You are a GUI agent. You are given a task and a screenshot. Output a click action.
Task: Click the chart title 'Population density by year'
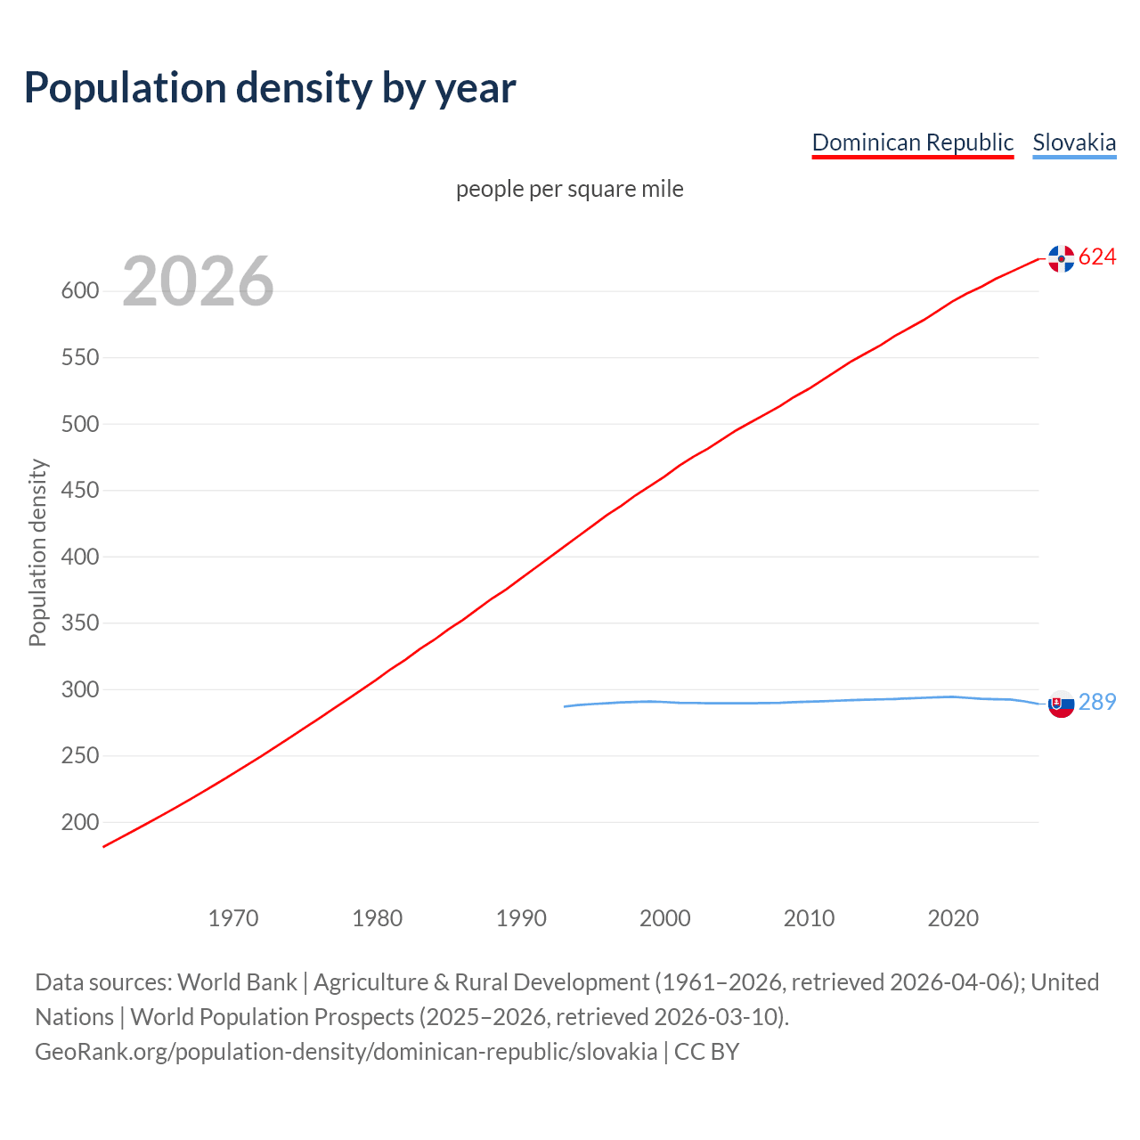(x=270, y=87)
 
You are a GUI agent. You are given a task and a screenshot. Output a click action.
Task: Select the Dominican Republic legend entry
(x=912, y=142)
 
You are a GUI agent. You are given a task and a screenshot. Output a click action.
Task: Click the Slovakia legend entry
(x=1074, y=142)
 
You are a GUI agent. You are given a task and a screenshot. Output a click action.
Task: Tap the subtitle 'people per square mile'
(x=569, y=189)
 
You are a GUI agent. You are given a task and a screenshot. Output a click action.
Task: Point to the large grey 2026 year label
(x=198, y=281)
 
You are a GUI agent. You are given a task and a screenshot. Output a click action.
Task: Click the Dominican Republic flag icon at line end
(x=1061, y=258)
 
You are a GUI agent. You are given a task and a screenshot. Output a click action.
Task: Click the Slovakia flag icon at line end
(x=1061, y=704)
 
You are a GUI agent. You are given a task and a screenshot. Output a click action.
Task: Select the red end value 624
(x=1097, y=257)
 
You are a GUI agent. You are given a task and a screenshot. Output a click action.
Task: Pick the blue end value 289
(x=1097, y=702)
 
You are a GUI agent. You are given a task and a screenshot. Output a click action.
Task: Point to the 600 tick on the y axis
(x=79, y=291)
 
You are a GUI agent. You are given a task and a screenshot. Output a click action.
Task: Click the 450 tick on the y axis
(x=79, y=491)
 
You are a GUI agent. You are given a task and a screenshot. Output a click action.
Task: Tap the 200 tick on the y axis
(x=79, y=823)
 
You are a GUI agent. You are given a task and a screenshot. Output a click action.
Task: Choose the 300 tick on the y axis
(x=79, y=690)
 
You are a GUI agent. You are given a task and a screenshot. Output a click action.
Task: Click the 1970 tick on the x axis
(x=233, y=918)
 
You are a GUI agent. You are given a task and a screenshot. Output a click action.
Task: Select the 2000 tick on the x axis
(x=665, y=918)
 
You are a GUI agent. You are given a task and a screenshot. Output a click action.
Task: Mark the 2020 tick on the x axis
(x=953, y=918)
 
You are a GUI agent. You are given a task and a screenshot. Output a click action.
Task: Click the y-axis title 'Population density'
(x=37, y=552)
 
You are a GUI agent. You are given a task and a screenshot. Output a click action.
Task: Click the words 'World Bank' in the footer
(x=237, y=982)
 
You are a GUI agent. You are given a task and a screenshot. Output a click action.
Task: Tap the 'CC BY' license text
(x=706, y=1052)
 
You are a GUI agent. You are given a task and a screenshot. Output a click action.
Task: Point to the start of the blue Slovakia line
(x=566, y=706)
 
